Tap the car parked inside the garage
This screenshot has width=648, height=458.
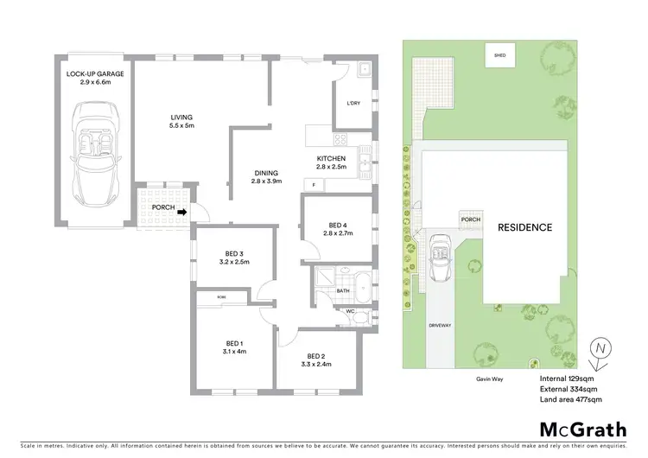95,151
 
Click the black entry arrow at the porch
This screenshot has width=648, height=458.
181,207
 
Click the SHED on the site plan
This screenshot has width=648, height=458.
499,55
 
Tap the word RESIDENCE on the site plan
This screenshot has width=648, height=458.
524,228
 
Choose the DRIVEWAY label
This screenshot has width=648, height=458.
440,326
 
